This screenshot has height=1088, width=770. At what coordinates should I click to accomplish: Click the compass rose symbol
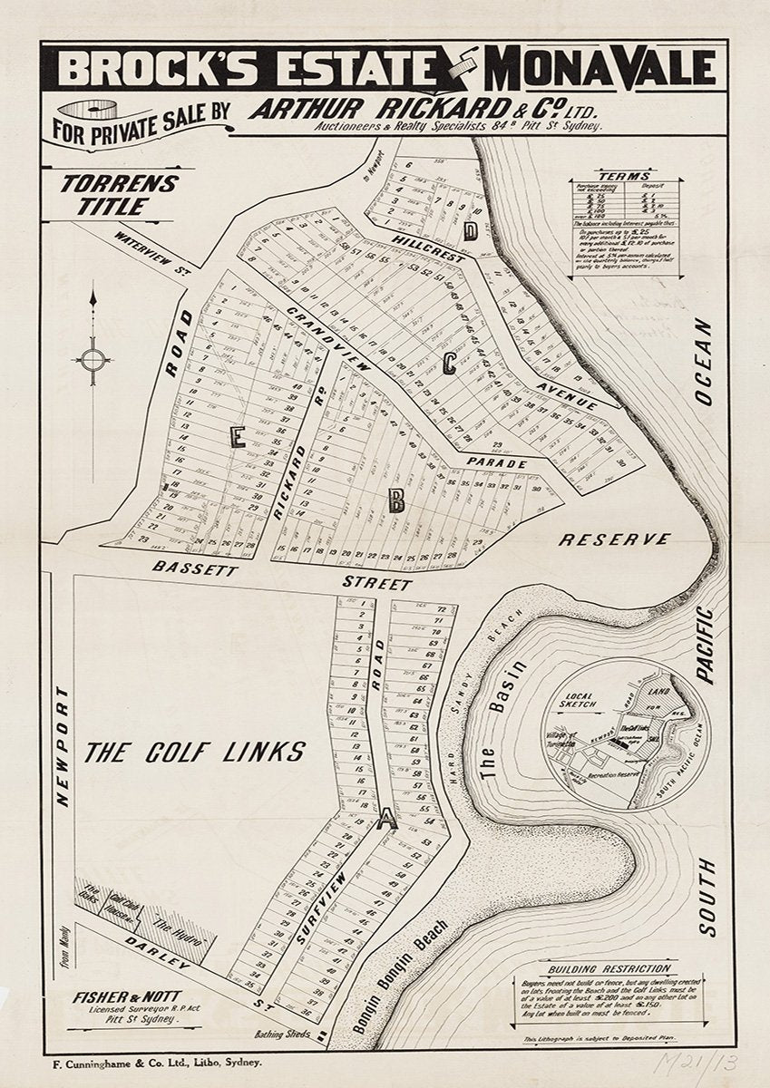point(93,357)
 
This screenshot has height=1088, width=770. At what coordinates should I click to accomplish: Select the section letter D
point(470,232)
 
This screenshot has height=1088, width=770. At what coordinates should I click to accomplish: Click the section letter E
point(237,439)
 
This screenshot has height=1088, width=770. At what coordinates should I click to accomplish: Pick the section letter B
point(396,500)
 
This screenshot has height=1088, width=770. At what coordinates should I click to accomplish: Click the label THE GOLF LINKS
point(194,752)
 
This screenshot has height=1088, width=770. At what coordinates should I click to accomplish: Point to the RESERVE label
point(614,539)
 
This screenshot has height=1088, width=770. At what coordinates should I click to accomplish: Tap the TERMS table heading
point(625,176)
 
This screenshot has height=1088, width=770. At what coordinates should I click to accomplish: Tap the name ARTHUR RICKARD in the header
point(360,110)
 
